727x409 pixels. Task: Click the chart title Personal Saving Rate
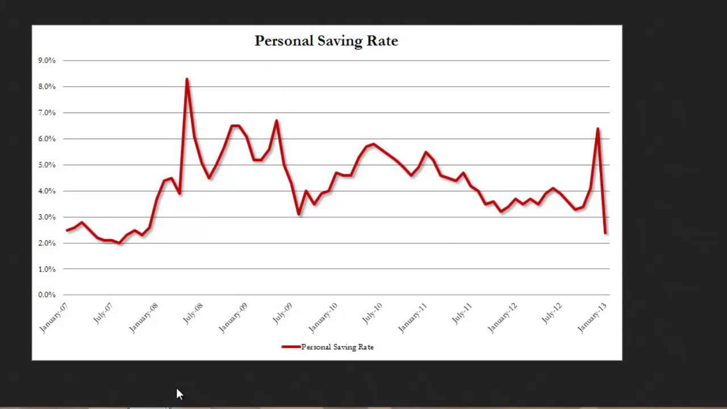326,41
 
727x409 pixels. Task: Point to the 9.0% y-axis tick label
47,60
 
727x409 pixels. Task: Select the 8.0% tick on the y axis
47,86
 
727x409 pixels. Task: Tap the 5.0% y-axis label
47,165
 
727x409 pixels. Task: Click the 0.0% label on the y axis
47,295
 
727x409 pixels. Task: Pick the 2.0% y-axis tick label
47,243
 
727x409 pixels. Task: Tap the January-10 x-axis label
323,318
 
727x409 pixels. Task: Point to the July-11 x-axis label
462,314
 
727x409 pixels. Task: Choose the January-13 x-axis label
592,318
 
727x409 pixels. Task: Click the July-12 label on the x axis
551,314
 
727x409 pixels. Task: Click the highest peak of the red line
187,80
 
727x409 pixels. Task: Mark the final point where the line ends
605,233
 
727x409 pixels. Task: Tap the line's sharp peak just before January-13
598,129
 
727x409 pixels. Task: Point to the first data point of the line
67,230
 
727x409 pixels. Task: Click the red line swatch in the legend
291,347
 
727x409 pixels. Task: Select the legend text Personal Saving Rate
337,347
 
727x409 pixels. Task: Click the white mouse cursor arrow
179,394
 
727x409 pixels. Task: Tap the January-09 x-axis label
233,318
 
